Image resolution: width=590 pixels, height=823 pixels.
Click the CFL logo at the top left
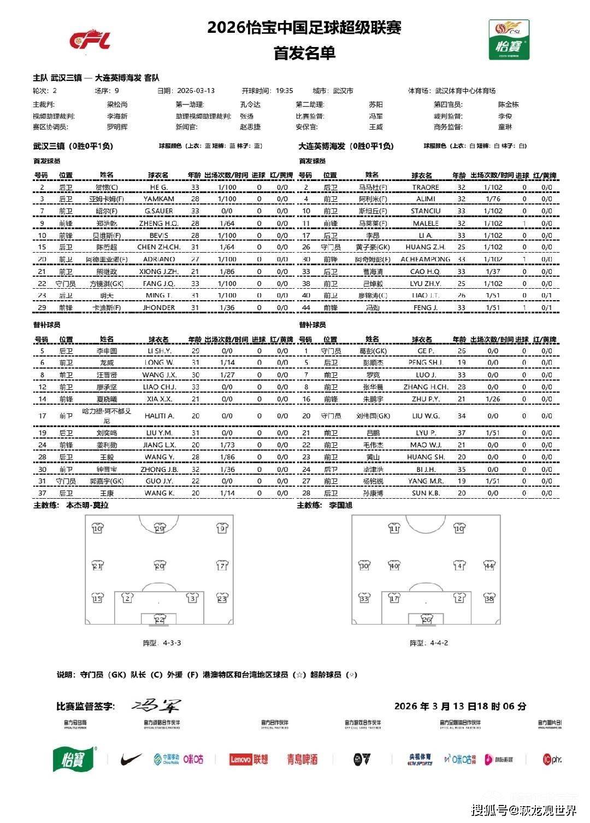[x=90, y=40]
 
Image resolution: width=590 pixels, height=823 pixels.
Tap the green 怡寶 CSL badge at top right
[x=509, y=40]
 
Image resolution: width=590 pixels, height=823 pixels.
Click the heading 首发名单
[x=304, y=53]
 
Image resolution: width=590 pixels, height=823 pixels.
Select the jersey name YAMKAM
[x=158, y=199]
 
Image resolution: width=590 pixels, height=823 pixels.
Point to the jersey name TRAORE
[x=426, y=187]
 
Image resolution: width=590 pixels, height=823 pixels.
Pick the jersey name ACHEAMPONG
[x=426, y=259]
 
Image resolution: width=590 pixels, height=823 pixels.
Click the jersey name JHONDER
[x=158, y=307]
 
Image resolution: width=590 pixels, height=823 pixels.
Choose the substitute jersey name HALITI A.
[x=159, y=416]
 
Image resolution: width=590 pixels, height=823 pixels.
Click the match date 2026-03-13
[x=196, y=91]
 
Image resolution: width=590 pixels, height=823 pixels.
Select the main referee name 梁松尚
[x=117, y=104]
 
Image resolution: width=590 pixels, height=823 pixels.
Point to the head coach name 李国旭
[x=340, y=505]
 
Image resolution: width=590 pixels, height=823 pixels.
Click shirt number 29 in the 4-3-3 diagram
[x=160, y=528]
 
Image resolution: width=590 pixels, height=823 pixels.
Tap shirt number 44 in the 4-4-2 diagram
[x=489, y=566]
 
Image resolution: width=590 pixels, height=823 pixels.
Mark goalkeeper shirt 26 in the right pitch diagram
[x=427, y=619]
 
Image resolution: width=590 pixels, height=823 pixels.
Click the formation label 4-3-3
[x=172, y=643]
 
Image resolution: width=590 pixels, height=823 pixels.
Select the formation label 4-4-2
[x=439, y=643]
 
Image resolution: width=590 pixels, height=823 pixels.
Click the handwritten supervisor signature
[x=156, y=705]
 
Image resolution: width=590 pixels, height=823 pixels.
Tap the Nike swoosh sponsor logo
[x=131, y=759]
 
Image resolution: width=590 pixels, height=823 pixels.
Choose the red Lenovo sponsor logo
[x=240, y=759]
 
